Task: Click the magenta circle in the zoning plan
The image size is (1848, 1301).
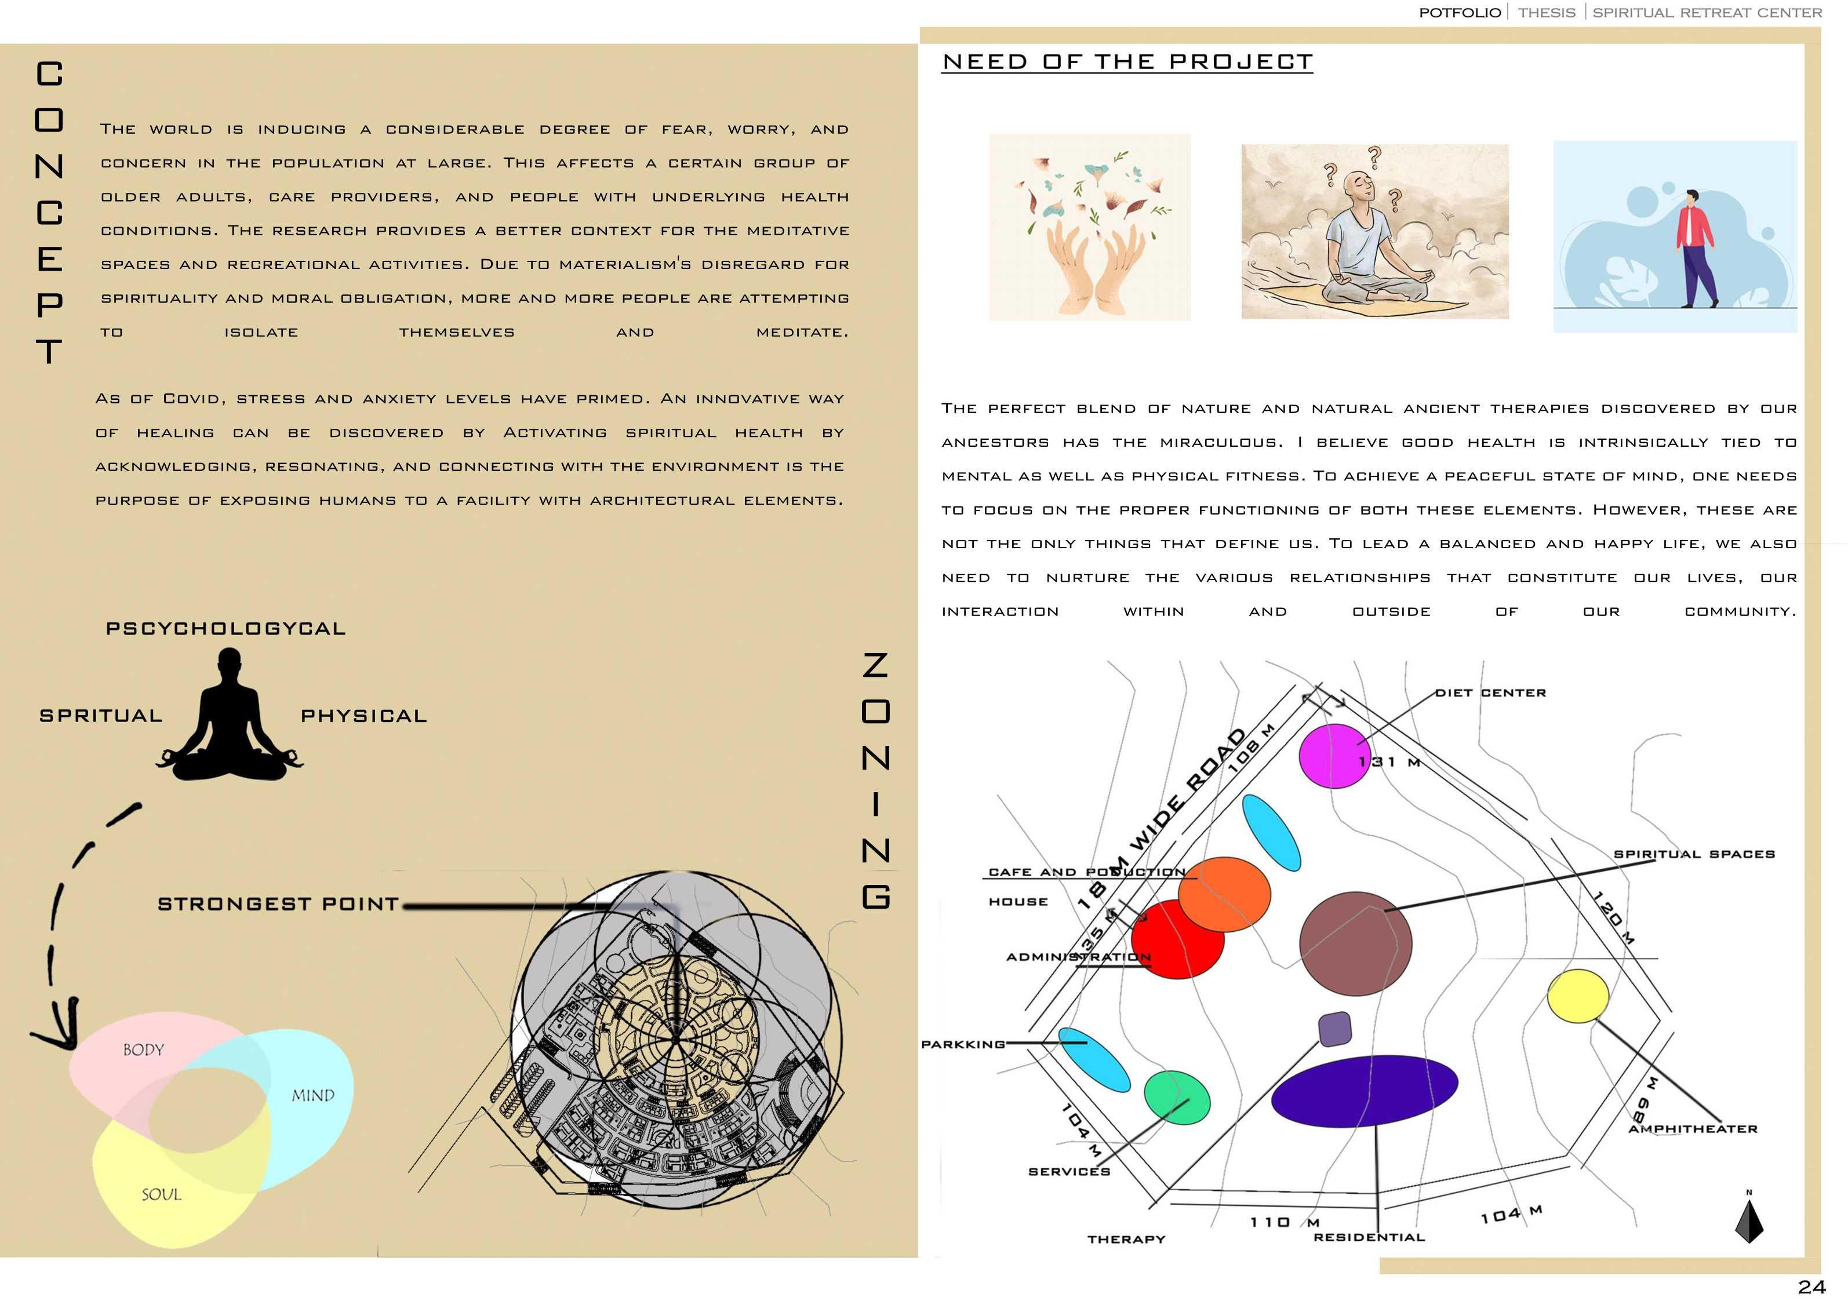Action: coord(1334,756)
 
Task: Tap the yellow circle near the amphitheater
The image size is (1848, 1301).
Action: coord(1577,996)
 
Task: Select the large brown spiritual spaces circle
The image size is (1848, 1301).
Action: coord(1355,944)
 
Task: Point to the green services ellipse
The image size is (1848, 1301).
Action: coord(1177,1096)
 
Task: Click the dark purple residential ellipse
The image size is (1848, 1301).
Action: coord(1365,1091)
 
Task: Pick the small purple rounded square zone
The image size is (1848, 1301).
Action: coord(1334,1029)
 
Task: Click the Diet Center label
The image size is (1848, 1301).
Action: coord(1491,693)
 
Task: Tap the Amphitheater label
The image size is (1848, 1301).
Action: coord(1693,1129)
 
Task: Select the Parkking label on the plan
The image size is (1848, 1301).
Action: coord(963,1044)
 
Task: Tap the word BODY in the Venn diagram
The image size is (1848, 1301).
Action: coord(143,1050)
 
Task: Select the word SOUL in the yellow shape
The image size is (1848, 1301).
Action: coord(161,1195)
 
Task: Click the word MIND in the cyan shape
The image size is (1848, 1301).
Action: coord(312,1096)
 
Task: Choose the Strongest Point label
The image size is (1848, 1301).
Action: coord(278,905)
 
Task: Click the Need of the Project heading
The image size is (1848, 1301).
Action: coord(1127,62)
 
